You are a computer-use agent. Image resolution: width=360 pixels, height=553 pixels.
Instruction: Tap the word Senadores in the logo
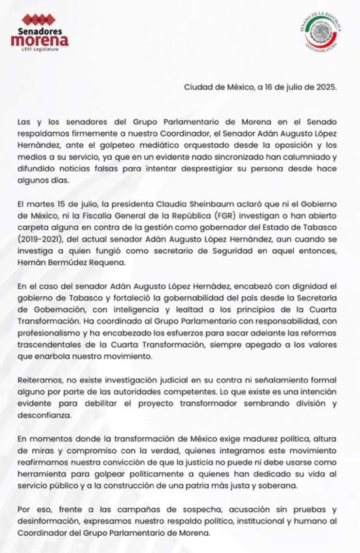coord(40,32)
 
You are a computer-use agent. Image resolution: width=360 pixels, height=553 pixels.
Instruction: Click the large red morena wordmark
coord(40,40)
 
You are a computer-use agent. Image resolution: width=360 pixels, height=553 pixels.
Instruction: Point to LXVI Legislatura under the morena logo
coord(40,48)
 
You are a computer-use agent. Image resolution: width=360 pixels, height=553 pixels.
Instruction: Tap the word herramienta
coord(42,474)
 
